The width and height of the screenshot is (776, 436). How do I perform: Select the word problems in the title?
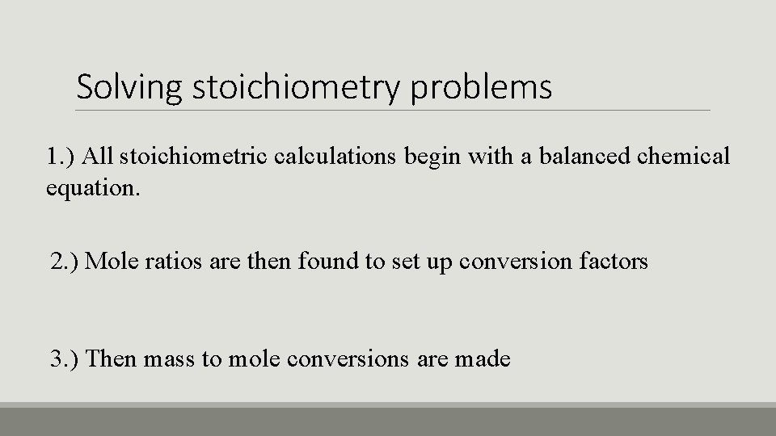coord(482,87)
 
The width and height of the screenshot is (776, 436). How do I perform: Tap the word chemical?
coord(684,156)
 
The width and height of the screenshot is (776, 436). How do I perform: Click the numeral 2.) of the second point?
coord(64,262)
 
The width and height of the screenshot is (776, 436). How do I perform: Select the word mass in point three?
coord(168,358)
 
